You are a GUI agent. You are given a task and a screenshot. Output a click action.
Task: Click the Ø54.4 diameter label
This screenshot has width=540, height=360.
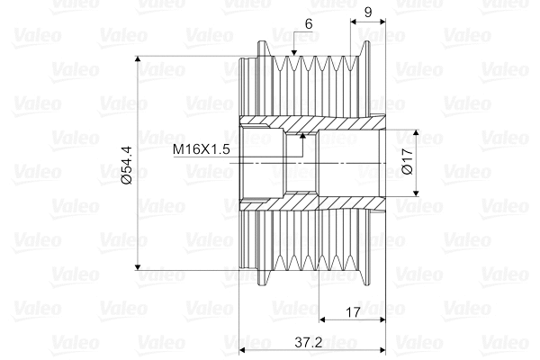[127, 165]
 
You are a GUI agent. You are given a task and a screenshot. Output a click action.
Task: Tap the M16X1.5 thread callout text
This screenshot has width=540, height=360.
[201, 149]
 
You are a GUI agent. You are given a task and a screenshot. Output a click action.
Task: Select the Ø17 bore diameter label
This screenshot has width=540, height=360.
[407, 161]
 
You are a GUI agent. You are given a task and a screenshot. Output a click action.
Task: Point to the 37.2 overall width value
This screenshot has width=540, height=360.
[308, 343]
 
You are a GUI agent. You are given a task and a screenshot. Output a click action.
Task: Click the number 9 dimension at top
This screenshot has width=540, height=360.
[368, 13]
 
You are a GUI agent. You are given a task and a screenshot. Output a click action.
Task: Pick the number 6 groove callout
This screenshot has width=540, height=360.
[309, 24]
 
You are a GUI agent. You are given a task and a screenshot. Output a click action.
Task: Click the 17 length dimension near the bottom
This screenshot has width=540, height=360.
[352, 312]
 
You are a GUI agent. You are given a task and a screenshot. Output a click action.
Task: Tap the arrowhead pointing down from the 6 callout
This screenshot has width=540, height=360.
[293, 52]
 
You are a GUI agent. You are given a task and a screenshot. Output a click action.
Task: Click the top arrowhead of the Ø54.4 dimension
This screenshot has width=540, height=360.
[138, 58]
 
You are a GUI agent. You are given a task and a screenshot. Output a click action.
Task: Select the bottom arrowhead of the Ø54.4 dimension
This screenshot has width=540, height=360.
[138, 266]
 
